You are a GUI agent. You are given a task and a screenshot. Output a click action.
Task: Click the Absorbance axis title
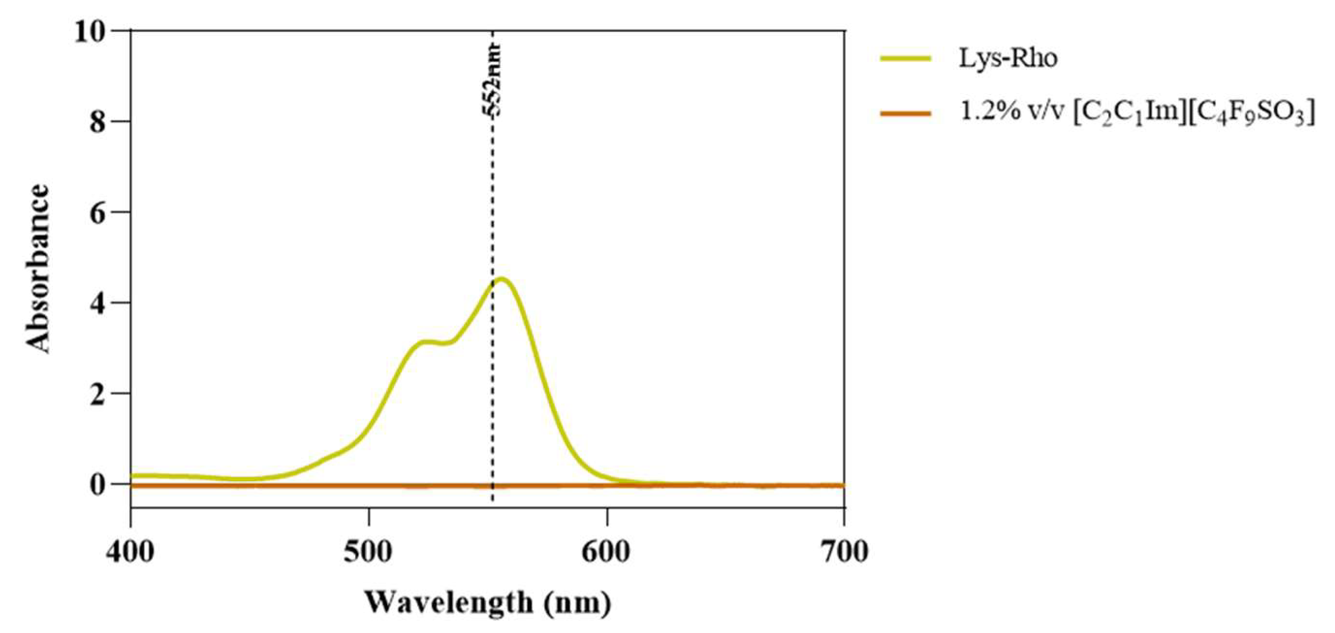coord(38,269)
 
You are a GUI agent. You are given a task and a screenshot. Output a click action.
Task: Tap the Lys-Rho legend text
coord(1007,58)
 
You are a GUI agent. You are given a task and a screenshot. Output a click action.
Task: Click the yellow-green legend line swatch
coord(905,59)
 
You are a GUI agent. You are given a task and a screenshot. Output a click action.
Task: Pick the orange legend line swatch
coord(905,113)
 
